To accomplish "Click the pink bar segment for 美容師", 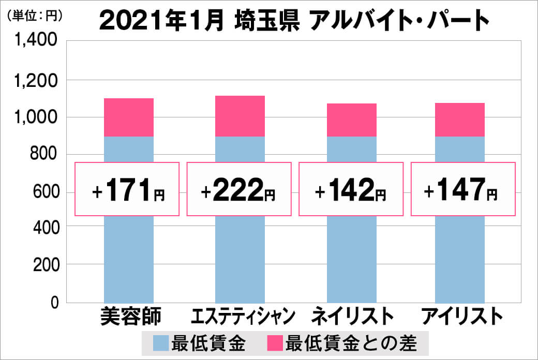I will coord(129,117).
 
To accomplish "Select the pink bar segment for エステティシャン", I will coord(240,116).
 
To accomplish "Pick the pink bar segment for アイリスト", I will coord(460,120).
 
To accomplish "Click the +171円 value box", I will coord(128,189).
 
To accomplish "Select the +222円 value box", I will coord(239,189).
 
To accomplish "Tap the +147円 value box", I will coord(463,189).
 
